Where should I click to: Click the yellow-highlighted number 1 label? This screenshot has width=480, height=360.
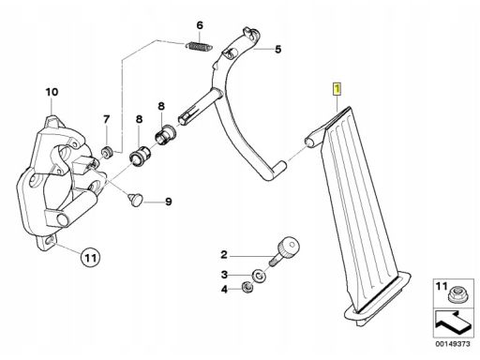click(337, 88)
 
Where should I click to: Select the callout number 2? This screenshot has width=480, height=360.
click(224, 255)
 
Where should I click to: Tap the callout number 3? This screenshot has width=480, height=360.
click(224, 275)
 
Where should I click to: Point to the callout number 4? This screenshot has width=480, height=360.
click(224, 290)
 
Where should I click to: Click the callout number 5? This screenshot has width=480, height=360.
click(277, 50)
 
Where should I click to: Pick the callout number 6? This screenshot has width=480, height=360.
click(200, 25)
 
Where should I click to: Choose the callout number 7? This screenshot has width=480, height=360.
click(107, 119)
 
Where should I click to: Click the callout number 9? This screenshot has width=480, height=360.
click(169, 202)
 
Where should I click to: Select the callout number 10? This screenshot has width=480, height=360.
click(52, 92)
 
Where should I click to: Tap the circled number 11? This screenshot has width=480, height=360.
click(90, 258)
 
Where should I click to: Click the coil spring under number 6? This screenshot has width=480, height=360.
click(199, 46)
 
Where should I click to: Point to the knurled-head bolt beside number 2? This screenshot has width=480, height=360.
click(283, 251)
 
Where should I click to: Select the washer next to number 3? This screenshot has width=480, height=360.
click(259, 276)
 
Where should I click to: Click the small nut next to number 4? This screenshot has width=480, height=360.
click(247, 287)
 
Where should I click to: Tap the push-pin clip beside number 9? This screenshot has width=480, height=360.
click(135, 200)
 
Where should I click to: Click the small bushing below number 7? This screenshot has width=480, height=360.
click(107, 153)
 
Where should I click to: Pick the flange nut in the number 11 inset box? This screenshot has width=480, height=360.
click(455, 295)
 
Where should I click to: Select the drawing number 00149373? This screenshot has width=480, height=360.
click(453, 344)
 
